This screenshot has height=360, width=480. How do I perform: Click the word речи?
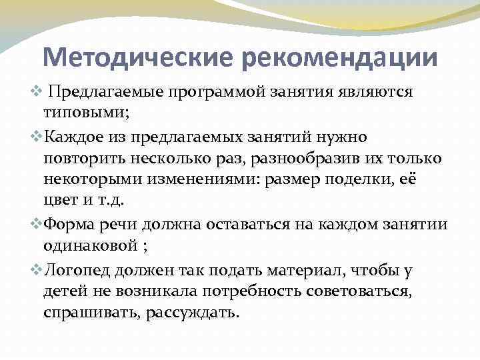pyautogui.click(x=127, y=225)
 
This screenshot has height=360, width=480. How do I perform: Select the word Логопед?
pyautogui.click(x=83, y=269)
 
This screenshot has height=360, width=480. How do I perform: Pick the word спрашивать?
pyautogui.click(x=90, y=311)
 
